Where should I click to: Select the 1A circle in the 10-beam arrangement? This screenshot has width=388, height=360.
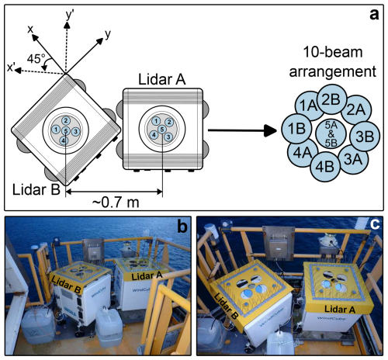click(x=308, y=106)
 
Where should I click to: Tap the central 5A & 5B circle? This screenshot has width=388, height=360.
click(x=331, y=134)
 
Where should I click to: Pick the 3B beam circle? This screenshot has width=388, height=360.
click(x=365, y=137)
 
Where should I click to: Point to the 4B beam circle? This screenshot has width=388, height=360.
click(x=325, y=167)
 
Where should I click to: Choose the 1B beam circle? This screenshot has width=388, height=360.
click(x=296, y=129)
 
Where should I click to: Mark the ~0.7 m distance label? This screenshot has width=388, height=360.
click(x=116, y=202)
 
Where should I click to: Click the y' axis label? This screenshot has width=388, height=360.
click(x=70, y=15)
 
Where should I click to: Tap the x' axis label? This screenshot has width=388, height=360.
click(x=12, y=67)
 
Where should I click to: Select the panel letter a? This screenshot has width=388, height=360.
click(x=374, y=15)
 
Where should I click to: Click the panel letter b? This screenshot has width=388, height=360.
click(x=182, y=227)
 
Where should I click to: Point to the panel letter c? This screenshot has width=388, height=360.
click(x=375, y=224)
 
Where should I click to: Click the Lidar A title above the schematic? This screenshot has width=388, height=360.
click(x=162, y=79)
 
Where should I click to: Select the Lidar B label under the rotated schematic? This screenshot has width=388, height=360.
click(x=36, y=189)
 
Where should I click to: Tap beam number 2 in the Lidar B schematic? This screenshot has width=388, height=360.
click(x=66, y=120)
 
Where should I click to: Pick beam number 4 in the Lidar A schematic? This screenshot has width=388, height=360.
click(x=154, y=135)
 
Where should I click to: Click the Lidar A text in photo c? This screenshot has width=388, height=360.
click(x=340, y=309)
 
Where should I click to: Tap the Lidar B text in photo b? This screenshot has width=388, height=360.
click(x=66, y=285)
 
